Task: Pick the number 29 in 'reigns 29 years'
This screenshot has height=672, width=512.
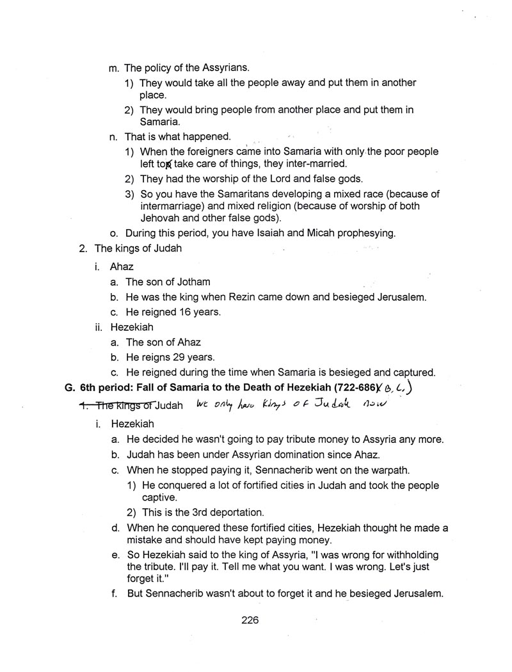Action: point(187,356)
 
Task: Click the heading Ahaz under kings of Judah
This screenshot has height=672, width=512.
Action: point(122,266)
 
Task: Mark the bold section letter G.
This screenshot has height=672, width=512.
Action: point(70,387)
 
